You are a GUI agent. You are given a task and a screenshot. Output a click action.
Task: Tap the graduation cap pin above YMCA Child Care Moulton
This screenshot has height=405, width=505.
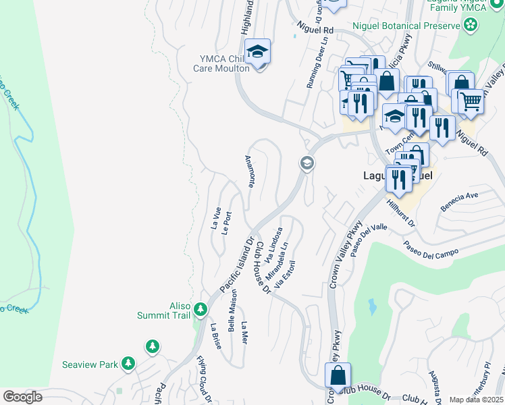257,51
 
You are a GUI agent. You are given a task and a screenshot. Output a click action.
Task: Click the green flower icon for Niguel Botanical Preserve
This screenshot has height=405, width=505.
471,26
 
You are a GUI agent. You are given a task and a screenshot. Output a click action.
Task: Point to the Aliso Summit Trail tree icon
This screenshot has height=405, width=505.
200,310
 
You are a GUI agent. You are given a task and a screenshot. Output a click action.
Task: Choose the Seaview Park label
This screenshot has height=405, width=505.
90,364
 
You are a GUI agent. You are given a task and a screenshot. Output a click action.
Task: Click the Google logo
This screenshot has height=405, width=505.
22,397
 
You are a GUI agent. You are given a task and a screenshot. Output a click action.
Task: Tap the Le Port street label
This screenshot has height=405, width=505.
228,222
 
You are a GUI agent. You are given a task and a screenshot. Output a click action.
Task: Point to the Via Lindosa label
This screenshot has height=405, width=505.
274,245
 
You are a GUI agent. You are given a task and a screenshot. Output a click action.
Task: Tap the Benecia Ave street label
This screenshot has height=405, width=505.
459,201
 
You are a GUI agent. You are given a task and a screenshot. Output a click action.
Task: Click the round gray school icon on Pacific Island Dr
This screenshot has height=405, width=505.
307,163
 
